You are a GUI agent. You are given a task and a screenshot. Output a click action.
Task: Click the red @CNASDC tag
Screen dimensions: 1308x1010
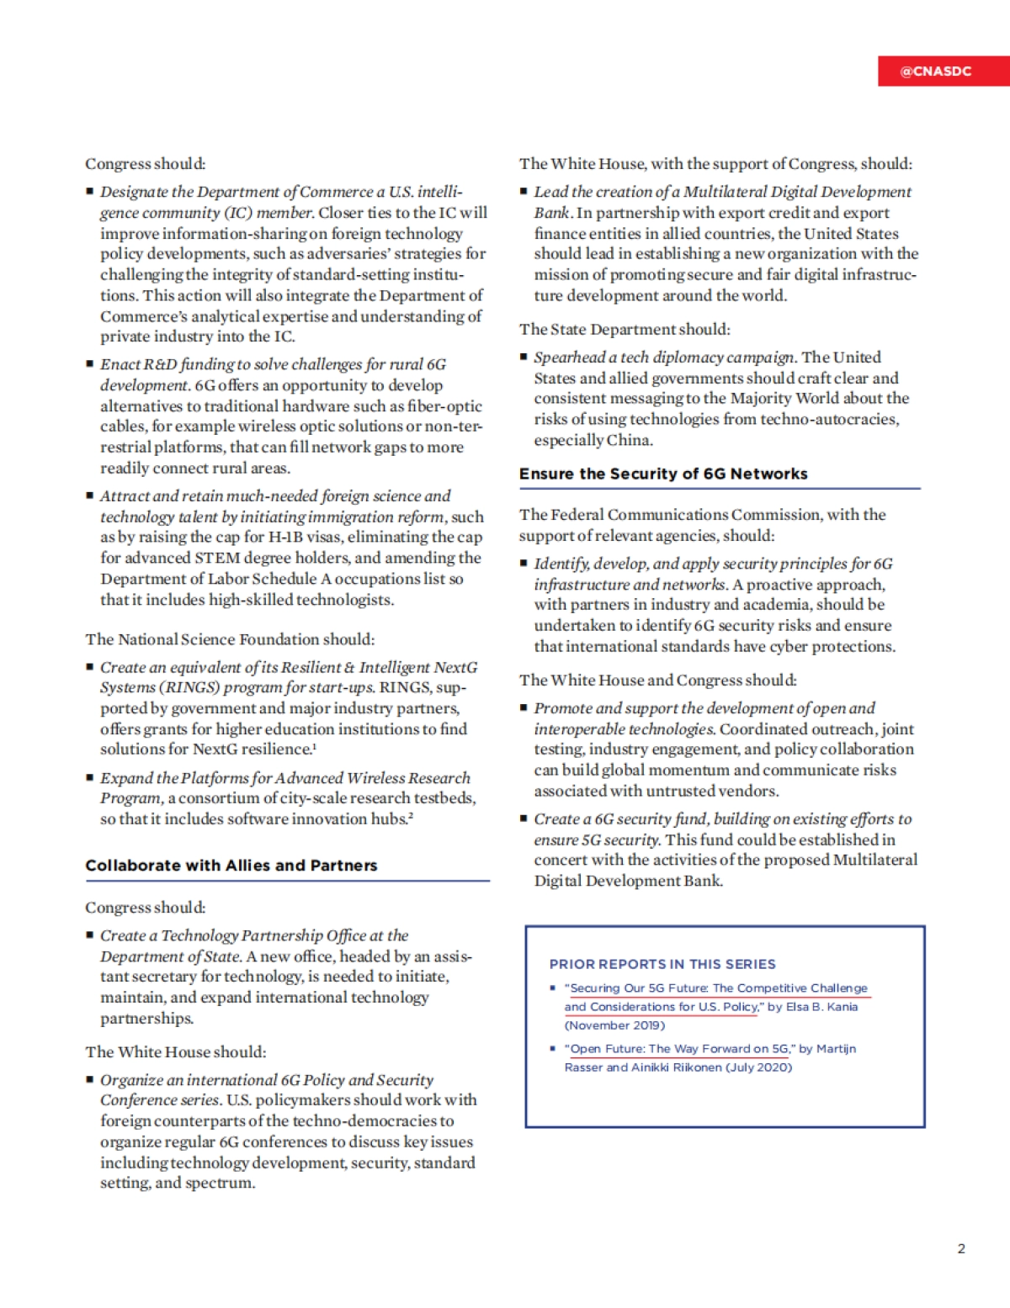(x=936, y=71)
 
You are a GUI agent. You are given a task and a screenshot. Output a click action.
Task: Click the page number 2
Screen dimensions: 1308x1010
(x=961, y=1248)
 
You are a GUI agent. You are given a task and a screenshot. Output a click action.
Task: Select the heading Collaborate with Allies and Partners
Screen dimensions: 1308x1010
(x=231, y=866)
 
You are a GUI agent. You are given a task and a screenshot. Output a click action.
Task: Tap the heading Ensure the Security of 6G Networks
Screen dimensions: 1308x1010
(x=663, y=474)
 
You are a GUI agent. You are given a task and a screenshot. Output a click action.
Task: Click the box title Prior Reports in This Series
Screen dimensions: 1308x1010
(x=662, y=964)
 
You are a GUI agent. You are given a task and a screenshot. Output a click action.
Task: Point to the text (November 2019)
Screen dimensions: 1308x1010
(x=614, y=1025)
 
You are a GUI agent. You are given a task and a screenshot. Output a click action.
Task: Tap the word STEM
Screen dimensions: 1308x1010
(x=218, y=558)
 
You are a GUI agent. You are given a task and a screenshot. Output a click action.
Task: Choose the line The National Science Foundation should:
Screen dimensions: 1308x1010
(x=230, y=639)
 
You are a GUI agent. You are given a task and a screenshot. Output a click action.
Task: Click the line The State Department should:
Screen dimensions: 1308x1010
(x=625, y=329)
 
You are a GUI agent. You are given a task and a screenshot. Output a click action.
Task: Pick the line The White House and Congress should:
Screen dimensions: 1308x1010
(x=658, y=680)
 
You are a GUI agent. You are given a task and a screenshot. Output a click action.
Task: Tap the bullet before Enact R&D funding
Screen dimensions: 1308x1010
(x=90, y=363)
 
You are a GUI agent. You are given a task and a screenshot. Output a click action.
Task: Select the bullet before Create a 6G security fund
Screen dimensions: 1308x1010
(x=524, y=818)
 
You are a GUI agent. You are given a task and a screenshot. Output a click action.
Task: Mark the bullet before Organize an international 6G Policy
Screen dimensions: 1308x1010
(x=90, y=1079)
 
